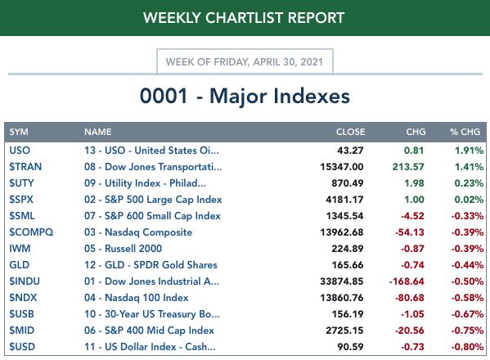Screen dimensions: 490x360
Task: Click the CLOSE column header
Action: point(350,132)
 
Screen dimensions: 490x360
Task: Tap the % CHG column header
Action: point(465,132)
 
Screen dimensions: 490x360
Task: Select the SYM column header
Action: point(19,132)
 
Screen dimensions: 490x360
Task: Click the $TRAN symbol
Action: point(25,167)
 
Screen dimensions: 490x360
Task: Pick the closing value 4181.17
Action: point(344,200)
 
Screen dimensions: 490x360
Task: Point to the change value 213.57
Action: point(408,167)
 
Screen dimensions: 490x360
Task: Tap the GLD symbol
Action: point(19,265)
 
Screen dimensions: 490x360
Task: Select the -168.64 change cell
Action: point(407,281)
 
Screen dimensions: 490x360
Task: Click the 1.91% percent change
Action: point(469,151)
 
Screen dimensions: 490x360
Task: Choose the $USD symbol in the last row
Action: point(22,347)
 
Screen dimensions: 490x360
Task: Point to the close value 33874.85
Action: point(342,281)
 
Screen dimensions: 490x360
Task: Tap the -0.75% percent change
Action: point(467,331)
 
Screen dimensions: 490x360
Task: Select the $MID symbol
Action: point(21,331)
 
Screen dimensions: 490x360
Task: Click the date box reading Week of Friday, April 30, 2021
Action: point(245,61)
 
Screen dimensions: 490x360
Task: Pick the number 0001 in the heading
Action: point(164,96)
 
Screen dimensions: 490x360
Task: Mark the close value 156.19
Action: point(348,314)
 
